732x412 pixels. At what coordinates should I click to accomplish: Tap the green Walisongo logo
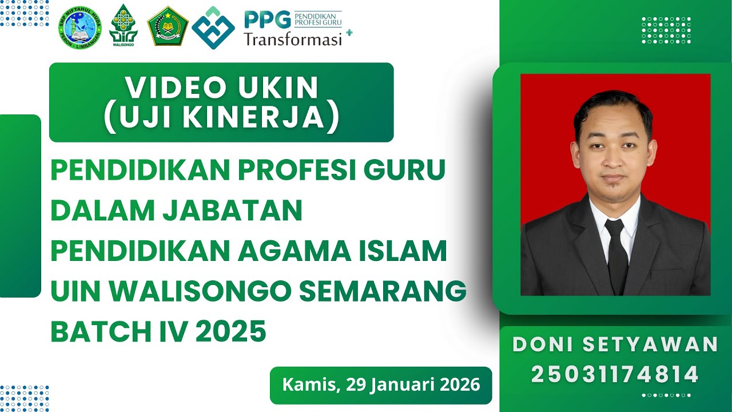pos(124,25)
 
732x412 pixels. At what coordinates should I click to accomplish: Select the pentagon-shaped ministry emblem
pos(168,26)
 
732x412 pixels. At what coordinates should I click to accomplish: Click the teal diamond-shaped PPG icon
pos(213,27)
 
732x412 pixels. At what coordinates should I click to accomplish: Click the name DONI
pos(543,344)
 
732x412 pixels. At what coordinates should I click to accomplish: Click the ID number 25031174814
pos(615,375)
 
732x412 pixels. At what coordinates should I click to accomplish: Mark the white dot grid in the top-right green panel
pos(666,30)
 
